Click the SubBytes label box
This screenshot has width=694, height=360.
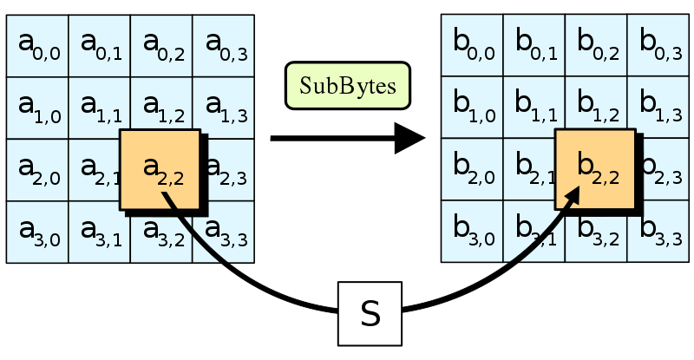point(347,87)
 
